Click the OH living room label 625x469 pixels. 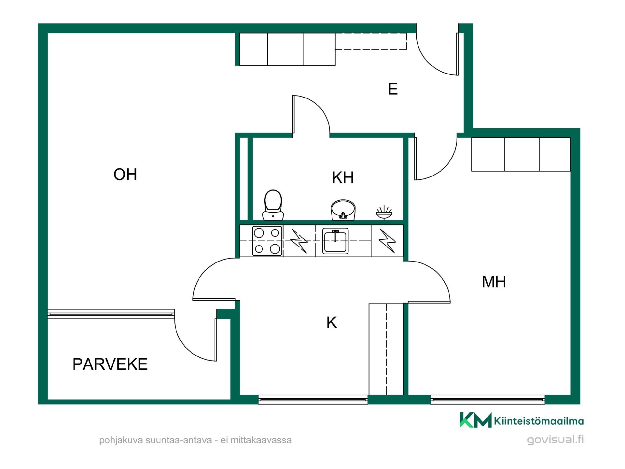tap(125, 174)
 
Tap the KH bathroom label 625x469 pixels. tap(343, 178)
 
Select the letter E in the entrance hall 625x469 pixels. tap(393, 89)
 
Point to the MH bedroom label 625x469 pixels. tap(494, 282)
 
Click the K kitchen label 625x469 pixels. tap(332, 322)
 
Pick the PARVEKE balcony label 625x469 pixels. tap(110, 364)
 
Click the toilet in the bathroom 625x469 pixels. tap(273, 205)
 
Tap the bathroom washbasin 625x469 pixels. tap(343, 210)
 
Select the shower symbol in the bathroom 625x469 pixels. tap(384, 212)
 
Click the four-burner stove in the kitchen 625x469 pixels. tap(267, 241)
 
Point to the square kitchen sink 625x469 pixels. tap(335, 241)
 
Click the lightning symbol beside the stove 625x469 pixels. tap(299, 241)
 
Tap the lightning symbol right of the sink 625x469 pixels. tap(387, 241)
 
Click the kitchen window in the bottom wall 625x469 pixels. tap(313, 400)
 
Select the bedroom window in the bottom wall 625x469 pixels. tap(488, 400)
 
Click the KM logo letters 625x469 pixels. tap(476, 420)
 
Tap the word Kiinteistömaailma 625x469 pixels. tap(539, 421)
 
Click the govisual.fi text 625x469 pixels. tap(555, 440)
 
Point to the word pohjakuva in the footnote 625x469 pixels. tap(121, 440)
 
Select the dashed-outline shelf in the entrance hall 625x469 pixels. tap(371, 41)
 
